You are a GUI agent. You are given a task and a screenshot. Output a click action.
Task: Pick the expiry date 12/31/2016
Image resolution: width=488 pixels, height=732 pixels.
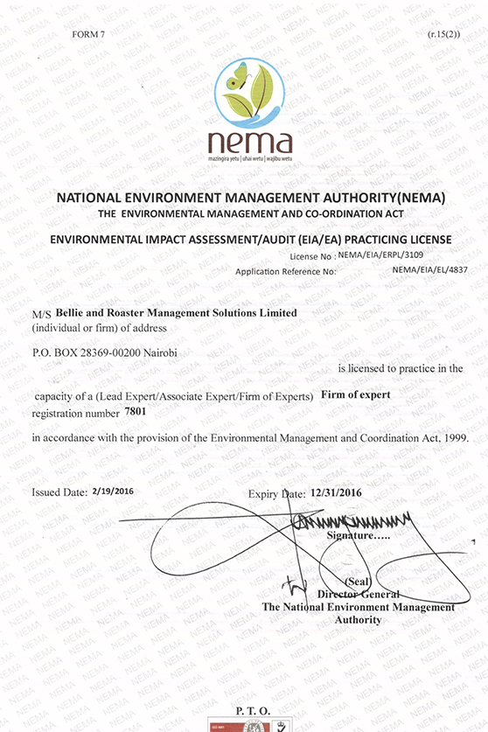[336, 492]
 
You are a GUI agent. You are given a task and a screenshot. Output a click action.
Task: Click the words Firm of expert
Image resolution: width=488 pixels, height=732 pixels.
[356, 394]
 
